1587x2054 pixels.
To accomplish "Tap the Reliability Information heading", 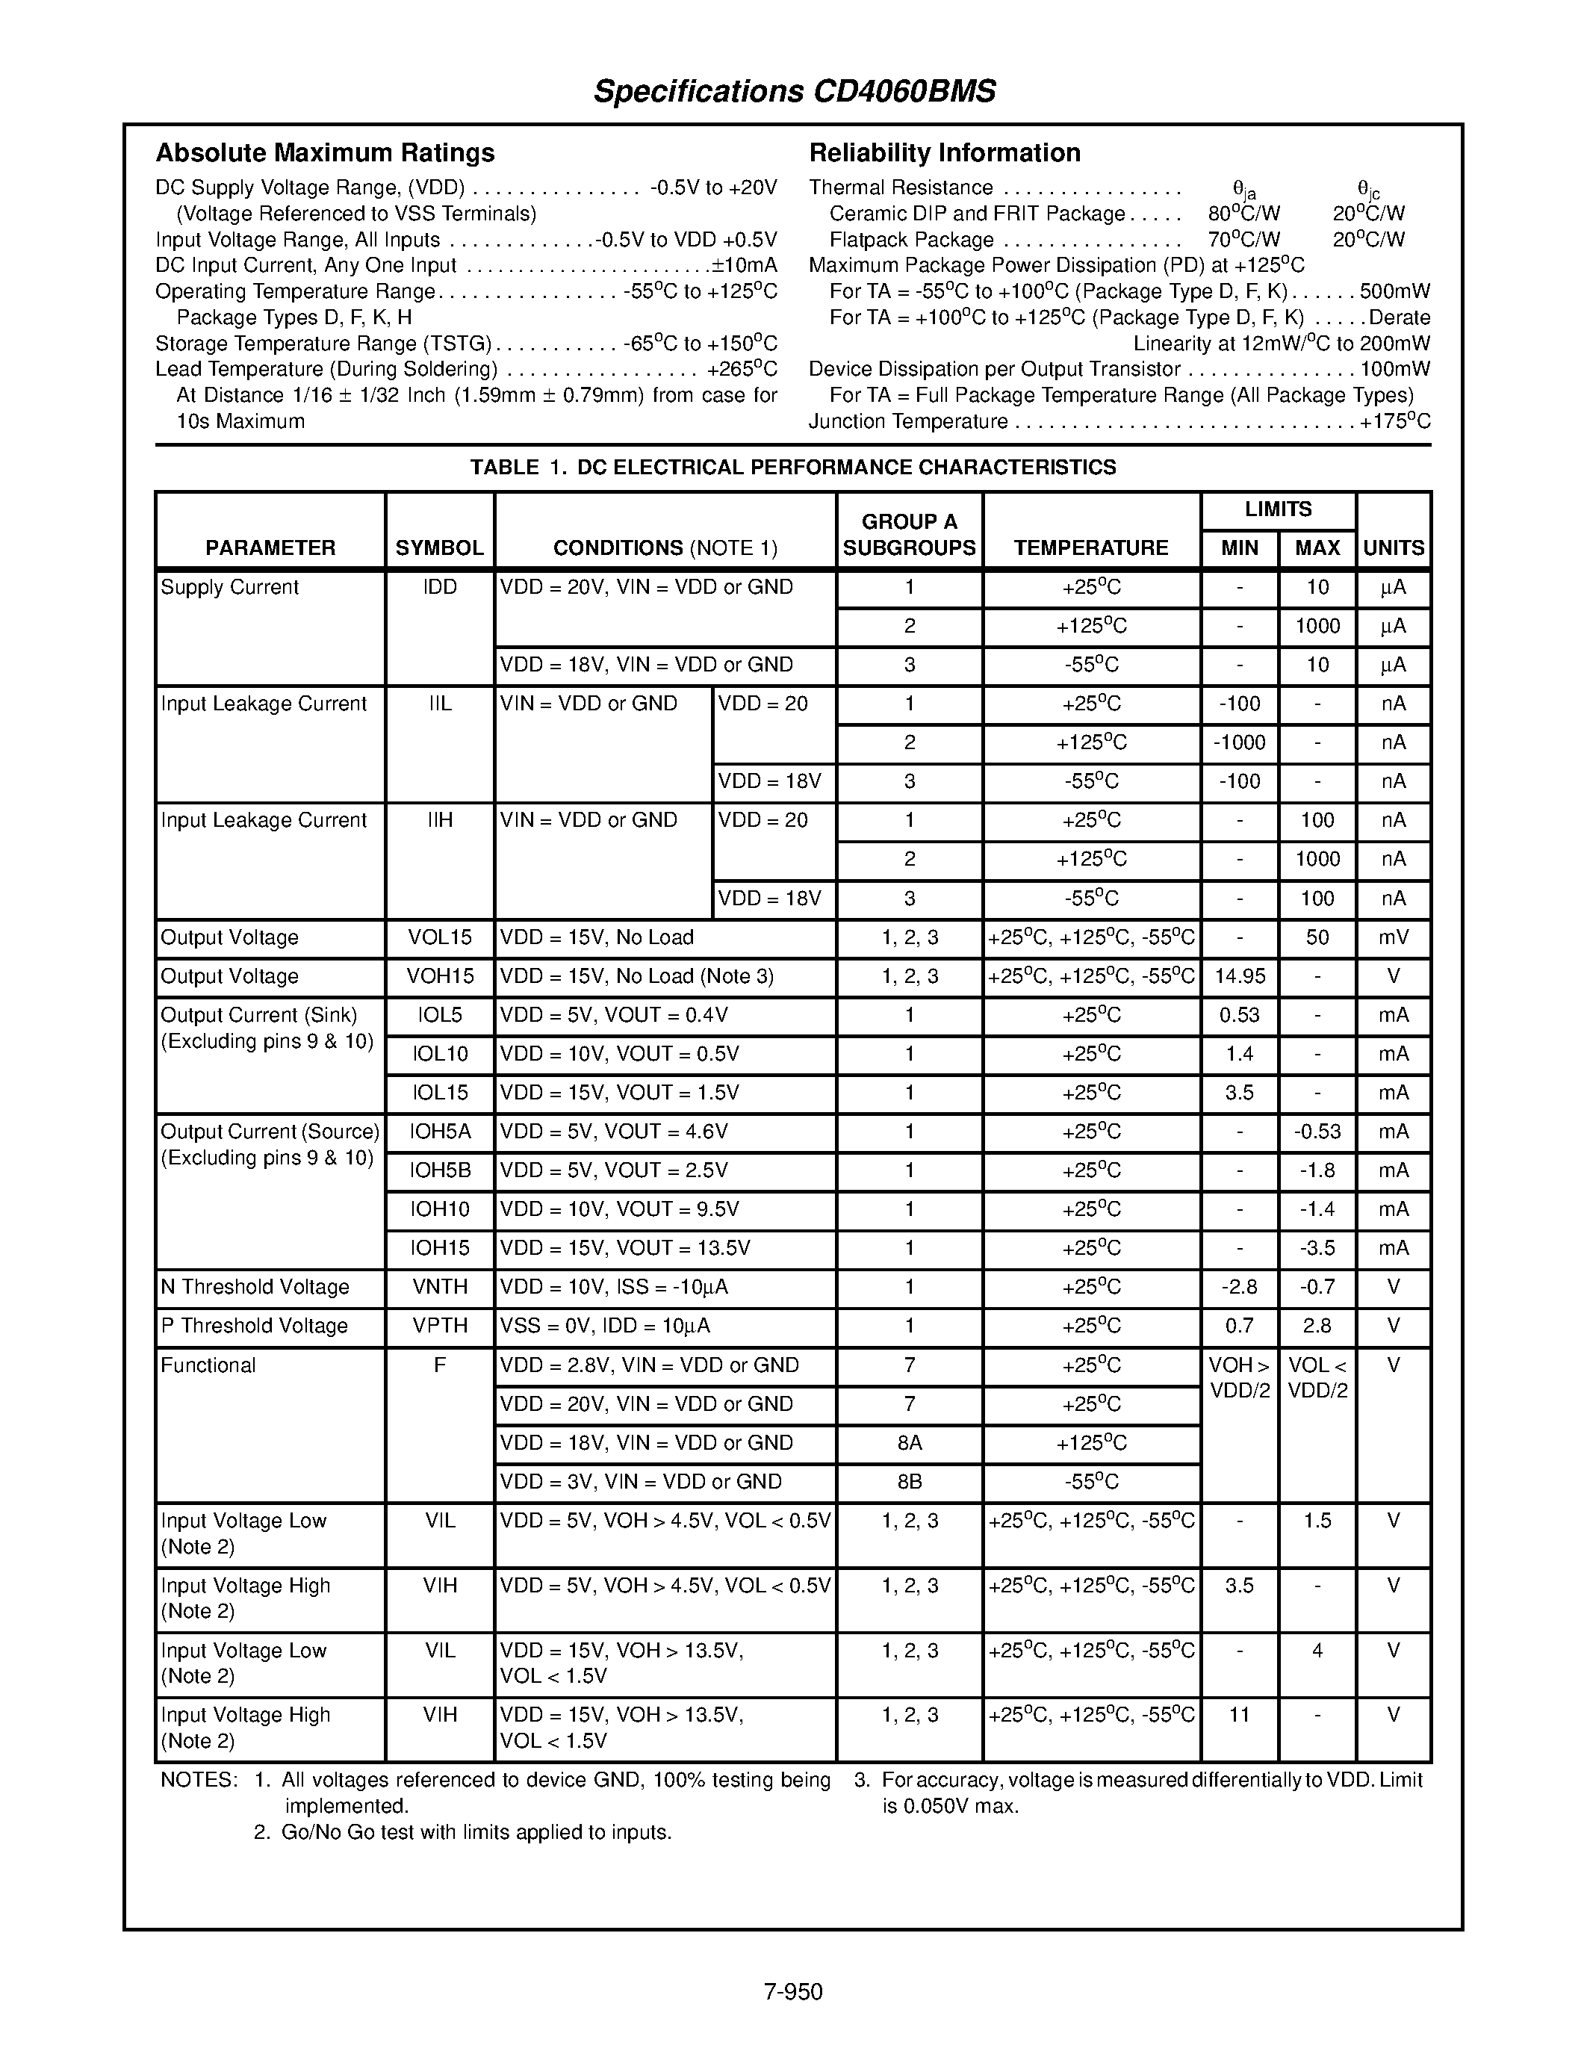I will pyautogui.click(x=944, y=152).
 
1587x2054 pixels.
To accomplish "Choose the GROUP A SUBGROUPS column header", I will pyautogui.click(x=909, y=534).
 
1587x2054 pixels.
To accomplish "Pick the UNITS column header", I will pyautogui.click(x=1394, y=547).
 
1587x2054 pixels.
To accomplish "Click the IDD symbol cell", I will pyautogui.click(x=439, y=588).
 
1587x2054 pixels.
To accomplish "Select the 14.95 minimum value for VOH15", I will pyautogui.click(x=1239, y=976).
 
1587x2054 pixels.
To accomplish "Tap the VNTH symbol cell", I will pyautogui.click(x=439, y=1287).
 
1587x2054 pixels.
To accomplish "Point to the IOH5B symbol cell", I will pyautogui.click(x=439, y=1170).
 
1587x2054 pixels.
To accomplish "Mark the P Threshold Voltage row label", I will pyautogui.click(x=254, y=1326).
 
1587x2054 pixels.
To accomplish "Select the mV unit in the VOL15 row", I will pyautogui.click(x=1394, y=937).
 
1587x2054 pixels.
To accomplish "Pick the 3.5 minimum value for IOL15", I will pyautogui.click(x=1239, y=1093).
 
